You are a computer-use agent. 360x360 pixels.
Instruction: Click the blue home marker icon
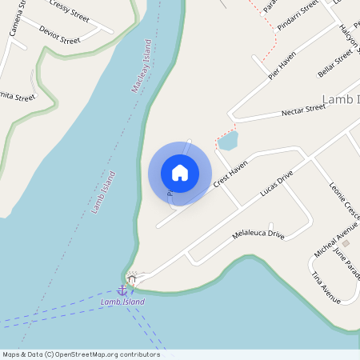pos(180,173)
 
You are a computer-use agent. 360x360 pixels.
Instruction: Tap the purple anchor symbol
pos(122,290)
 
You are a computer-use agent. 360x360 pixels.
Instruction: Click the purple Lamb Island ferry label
pos(122,302)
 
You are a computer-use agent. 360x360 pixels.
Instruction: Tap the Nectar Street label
pos(304,110)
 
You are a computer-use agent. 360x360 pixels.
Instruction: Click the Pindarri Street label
pos(298,15)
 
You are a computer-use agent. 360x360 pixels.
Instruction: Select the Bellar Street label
pos(335,62)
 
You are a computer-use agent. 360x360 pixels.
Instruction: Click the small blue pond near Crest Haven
pos(227,142)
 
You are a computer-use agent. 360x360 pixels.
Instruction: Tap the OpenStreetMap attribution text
pos(81,354)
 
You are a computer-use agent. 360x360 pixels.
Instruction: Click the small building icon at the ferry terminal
pos(133,279)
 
